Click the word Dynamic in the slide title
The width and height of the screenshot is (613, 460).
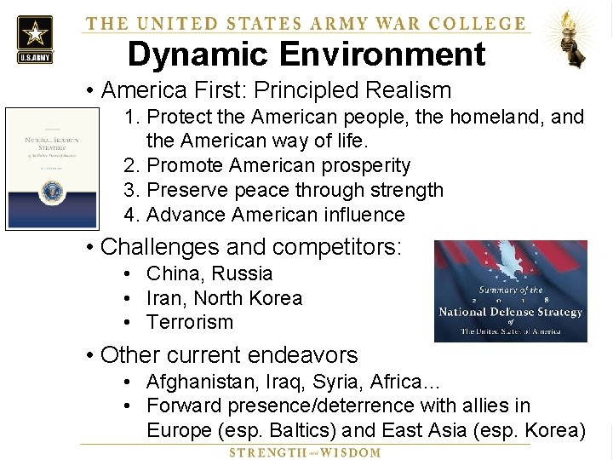(196, 55)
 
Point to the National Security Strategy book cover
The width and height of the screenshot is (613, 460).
(52, 168)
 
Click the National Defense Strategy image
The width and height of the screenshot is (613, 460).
(510, 291)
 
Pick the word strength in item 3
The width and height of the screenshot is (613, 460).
(404, 190)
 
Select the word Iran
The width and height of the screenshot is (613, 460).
(164, 298)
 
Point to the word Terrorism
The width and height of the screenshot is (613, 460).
(189, 322)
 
